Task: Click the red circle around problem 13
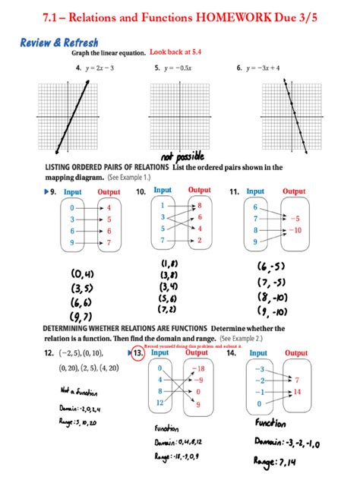(137, 354)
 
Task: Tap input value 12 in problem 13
(159, 403)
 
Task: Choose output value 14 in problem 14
(297, 392)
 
